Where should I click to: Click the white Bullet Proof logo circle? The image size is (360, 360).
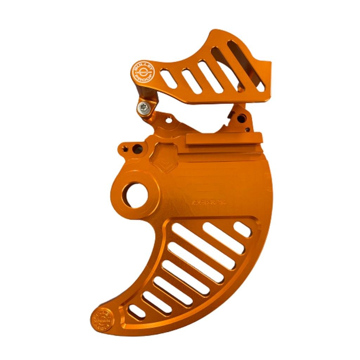pyautogui.click(x=143, y=72)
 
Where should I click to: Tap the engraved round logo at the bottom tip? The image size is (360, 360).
pyautogui.click(x=102, y=320)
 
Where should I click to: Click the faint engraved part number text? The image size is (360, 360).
pyautogui.click(x=209, y=202)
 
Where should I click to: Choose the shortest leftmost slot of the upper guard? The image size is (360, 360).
pyautogui.click(x=169, y=78)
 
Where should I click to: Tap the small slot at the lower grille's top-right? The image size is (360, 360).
pyautogui.click(x=243, y=229)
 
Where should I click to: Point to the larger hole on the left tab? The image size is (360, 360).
pyautogui.click(x=138, y=149)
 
